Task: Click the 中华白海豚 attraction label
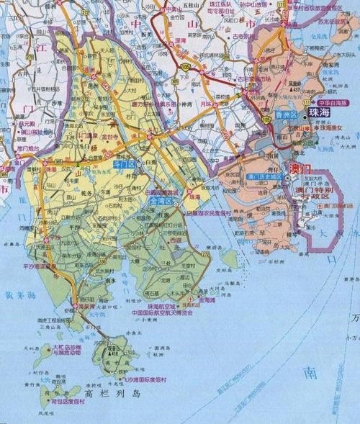(325, 103)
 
